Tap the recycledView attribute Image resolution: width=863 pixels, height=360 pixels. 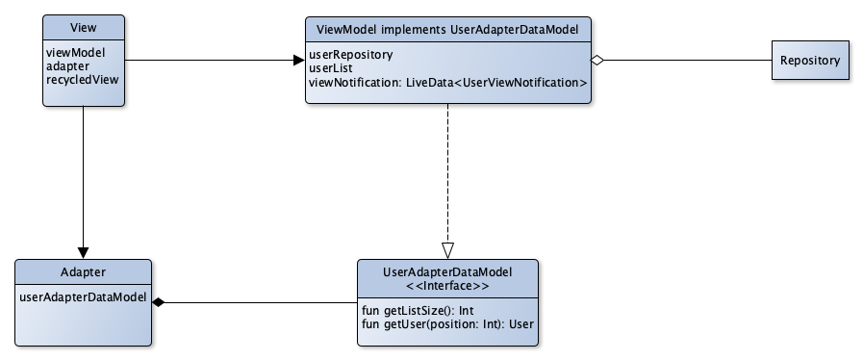click(x=81, y=79)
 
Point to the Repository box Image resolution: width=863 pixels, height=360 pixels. click(x=809, y=61)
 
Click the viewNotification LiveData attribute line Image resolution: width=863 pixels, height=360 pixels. click(x=446, y=84)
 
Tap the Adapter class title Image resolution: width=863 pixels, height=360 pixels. click(x=84, y=272)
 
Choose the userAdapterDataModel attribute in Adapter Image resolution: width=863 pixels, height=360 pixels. click(x=83, y=297)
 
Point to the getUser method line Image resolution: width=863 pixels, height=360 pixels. click(x=446, y=323)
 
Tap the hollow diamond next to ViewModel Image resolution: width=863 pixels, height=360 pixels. click(x=598, y=61)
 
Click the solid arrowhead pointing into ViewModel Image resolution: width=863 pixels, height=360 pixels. click(x=297, y=61)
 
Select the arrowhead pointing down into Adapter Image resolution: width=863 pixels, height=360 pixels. click(x=84, y=250)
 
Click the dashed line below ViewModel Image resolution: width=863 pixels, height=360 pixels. click(x=447, y=173)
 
